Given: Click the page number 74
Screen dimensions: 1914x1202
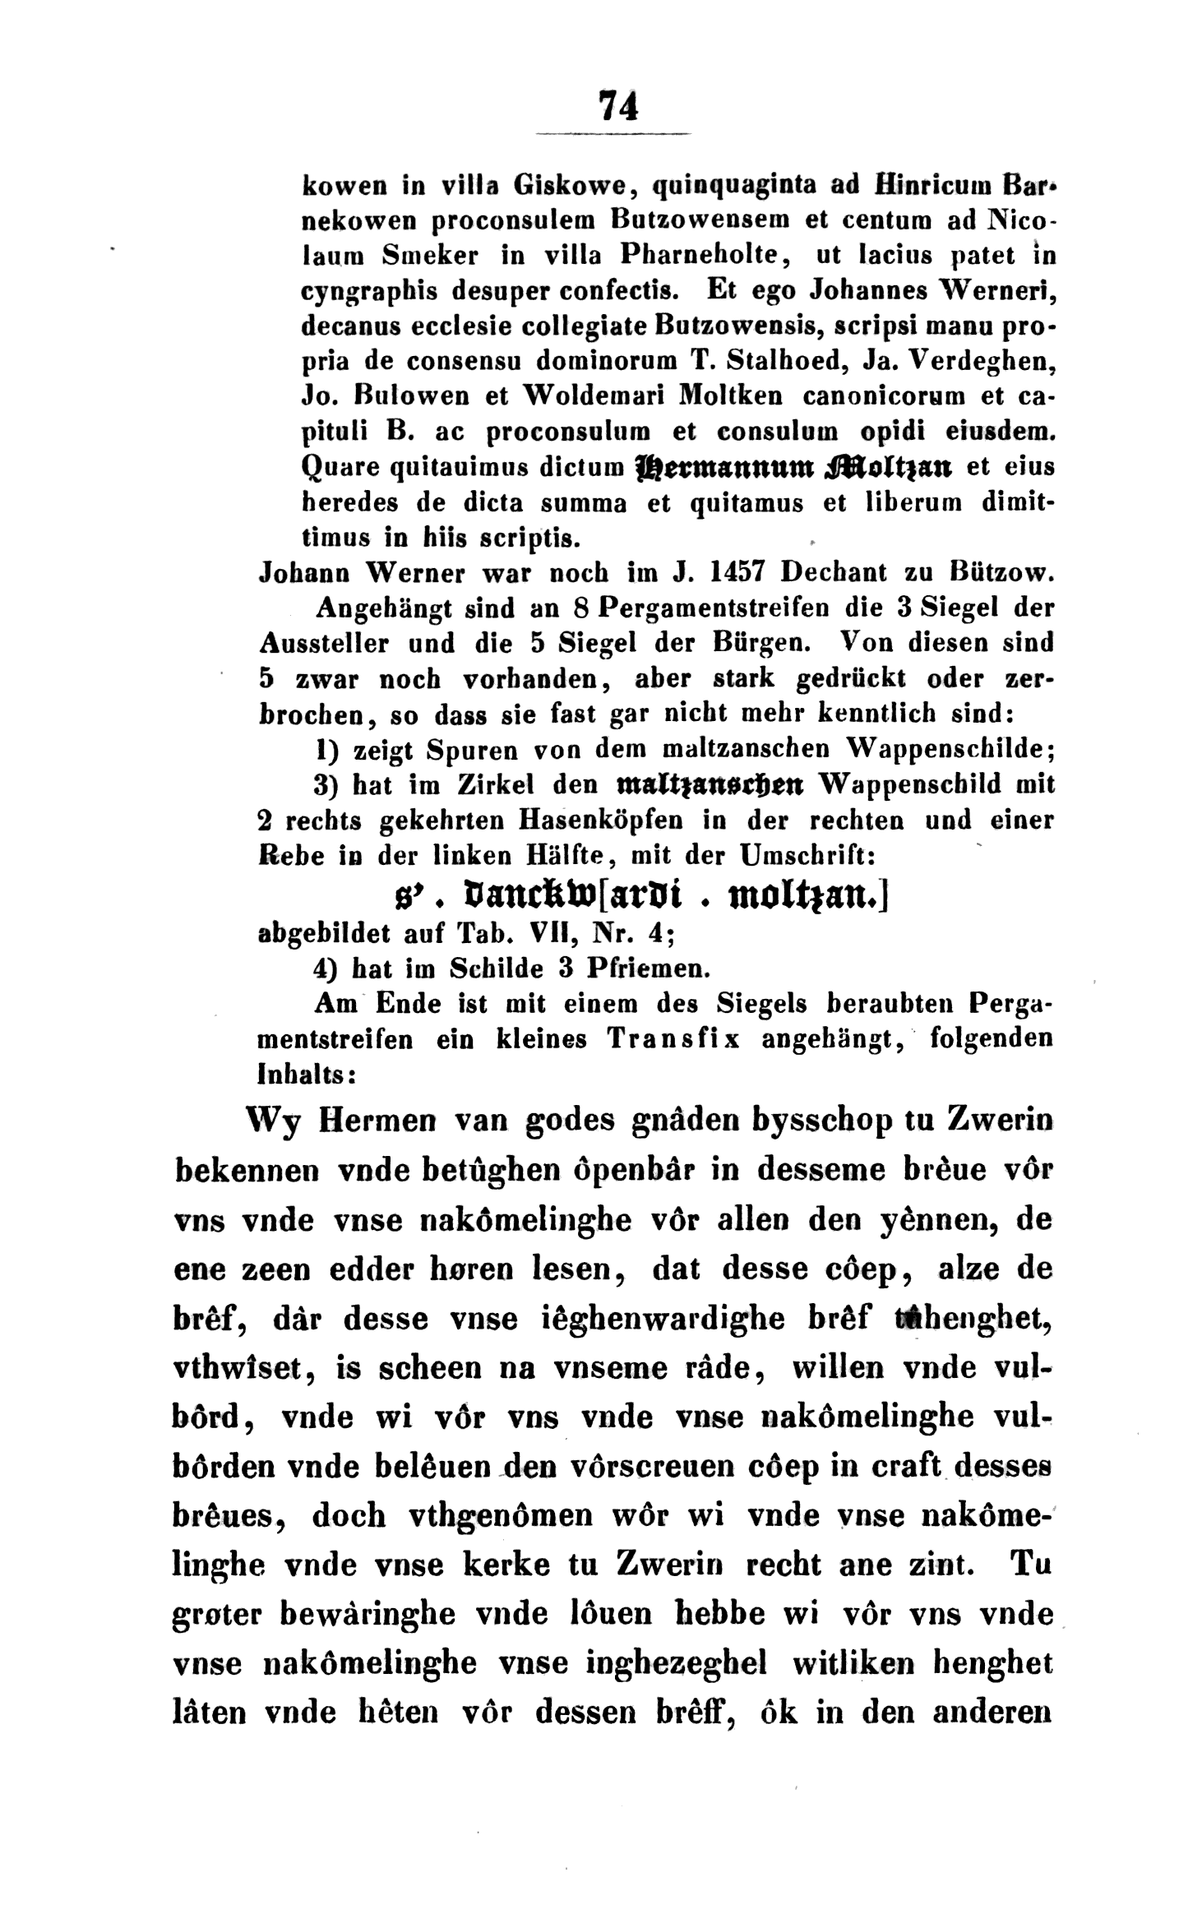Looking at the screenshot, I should [617, 106].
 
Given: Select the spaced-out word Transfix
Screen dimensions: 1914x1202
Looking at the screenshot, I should [673, 1039].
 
